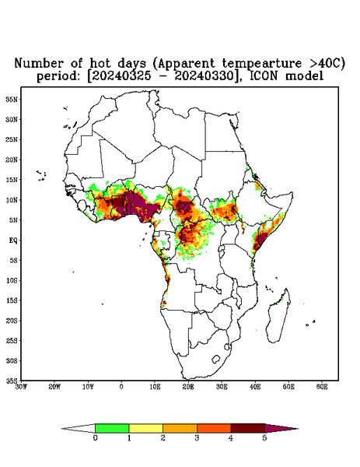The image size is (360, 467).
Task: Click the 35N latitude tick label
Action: click(12, 99)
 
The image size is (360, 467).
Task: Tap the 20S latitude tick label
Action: click(12, 321)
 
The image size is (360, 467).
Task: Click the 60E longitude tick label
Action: click(322, 387)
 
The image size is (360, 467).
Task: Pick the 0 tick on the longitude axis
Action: click(121, 387)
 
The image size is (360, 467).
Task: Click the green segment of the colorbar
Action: click(112, 428)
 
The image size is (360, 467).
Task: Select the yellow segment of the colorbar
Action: click(145, 428)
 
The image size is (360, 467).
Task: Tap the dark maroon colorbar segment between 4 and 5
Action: click(248, 428)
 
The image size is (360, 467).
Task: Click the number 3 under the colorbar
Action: click(197, 438)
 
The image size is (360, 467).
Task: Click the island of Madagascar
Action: click(280, 317)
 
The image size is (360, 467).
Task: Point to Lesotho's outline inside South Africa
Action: click(212, 360)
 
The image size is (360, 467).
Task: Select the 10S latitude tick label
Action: click(12, 280)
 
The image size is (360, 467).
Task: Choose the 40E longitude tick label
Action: click(255, 387)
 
